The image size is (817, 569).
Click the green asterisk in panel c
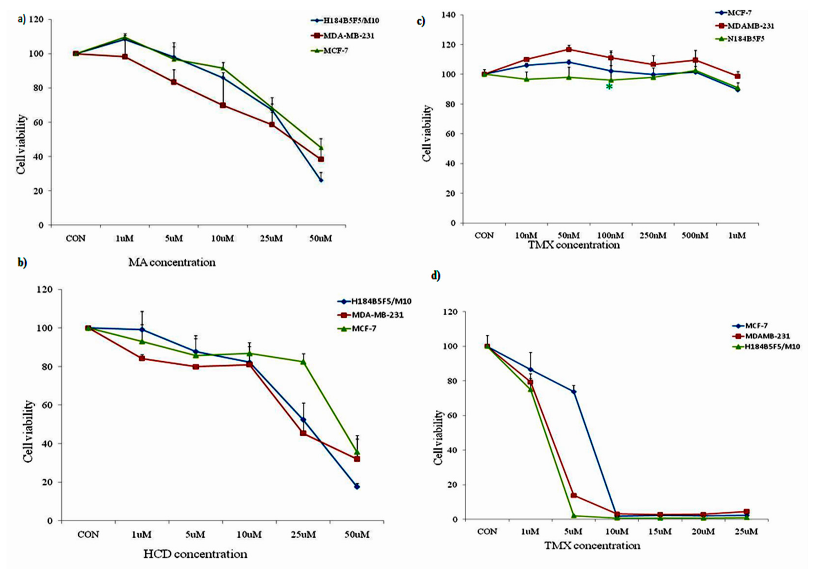pyautogui.click(x=609, y=87)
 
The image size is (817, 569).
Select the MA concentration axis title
pyautogui.click(x=172, y=263)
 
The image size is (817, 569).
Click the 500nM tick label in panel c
pyautogui.click(x=695, y=235)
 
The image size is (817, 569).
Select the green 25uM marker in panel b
pyautogui.click(x=303, y=361)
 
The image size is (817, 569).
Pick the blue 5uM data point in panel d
pyautogui.click(x=574, y=392)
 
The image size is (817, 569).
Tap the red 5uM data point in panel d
pyautogui.click(x=574, y=495)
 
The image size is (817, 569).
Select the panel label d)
pyautogui.click(x=436, y=275)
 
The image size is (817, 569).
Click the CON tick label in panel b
pyautogui.click(x=88, y=534)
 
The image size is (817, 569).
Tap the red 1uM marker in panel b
pyautogui.click(x=142, y=358)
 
